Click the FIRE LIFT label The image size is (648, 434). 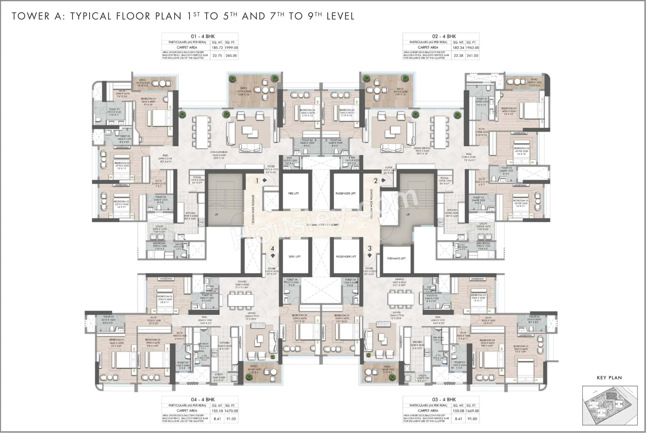[293, 194]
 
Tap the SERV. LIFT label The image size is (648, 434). [294, 257]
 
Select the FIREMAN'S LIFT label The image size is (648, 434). [396, 258]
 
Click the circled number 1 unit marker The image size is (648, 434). [257, 181]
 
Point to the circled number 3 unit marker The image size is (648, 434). [370, 248]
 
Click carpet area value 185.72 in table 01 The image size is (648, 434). [217, 48]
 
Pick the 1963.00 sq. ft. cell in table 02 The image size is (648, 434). [472, 48]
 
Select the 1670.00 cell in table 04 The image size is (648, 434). [231, 411]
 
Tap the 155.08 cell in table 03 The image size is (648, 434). [458, 411]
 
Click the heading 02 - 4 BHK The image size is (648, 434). [444, 36]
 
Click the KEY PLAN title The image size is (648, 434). [609, 378]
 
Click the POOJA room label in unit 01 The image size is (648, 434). [197, 177]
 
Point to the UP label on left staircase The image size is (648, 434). [216, 214]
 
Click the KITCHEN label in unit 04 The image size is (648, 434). [224, 343]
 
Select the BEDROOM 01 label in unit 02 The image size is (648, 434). [509, 108]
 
